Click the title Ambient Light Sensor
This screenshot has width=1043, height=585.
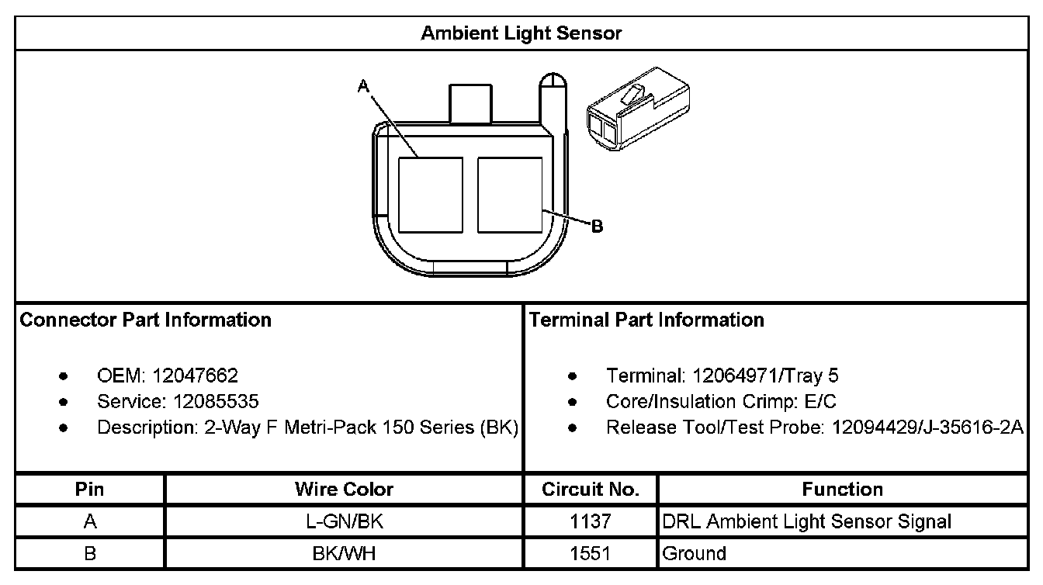click(x=521, y=33)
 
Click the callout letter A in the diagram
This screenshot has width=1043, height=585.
click(x=363, y=85)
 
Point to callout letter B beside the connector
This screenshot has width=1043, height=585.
click(x=597, y=227)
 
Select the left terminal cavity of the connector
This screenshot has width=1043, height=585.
click(x=431, y=195)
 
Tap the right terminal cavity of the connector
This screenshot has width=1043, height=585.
click(x=510, y=195)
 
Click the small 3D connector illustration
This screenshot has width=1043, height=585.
click(x=639, y=109)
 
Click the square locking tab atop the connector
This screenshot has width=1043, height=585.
click(x=470, y=104)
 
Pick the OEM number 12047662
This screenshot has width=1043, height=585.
click(x=195, y=376)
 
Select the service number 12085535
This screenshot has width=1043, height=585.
click(x=216, y=401)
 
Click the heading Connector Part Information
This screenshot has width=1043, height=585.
click(x=145, y=320)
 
